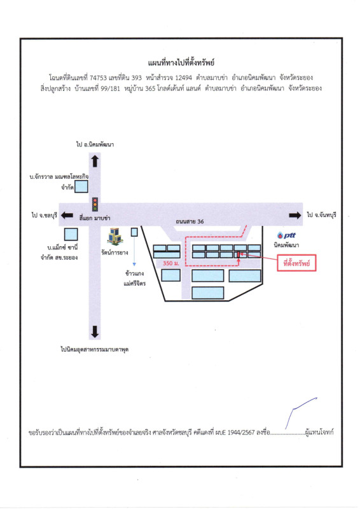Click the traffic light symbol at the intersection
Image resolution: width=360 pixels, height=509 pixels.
coord(95,204)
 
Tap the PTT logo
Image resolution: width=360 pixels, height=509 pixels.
coord(286,235)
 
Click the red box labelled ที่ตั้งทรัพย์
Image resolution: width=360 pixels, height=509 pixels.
coord(296,263)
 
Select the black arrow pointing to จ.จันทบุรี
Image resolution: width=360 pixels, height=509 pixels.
coord(295,215)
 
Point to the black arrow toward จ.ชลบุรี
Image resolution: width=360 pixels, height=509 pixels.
coord(67,215)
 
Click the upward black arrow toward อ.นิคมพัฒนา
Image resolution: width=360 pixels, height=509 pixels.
coord(95,161)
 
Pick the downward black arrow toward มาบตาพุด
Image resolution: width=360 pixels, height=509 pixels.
coord(95,331)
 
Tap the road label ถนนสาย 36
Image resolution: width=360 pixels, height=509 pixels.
coord(190,221)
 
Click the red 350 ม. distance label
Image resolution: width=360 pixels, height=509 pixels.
coord(170,263)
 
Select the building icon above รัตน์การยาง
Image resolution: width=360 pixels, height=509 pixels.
coord(115,236)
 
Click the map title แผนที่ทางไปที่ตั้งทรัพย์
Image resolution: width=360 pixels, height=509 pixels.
coord(181,62)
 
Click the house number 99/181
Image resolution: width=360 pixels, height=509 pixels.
coord(111,88)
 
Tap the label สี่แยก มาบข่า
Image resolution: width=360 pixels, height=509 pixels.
coord(95,218)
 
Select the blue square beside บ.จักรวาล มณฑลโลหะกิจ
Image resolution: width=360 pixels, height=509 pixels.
coord(81,186)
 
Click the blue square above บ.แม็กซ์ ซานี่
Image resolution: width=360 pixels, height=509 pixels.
coord(71,234)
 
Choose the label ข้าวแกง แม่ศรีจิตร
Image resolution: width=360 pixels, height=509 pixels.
coord(135,278)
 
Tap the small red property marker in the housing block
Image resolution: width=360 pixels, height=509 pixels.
coord(239,254)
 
